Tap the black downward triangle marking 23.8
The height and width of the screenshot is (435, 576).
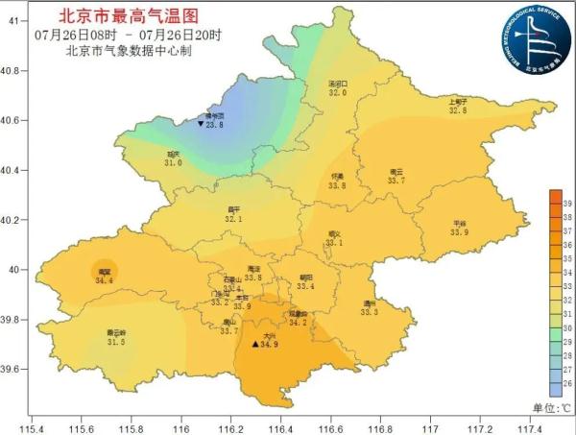pos(200,125)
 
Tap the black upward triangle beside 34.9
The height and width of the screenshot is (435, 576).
pos(254,344)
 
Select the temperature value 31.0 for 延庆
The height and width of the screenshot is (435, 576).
pos(173,163)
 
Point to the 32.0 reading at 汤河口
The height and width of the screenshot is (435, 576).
pos(337,93)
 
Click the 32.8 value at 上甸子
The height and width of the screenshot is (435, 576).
pos(458,110)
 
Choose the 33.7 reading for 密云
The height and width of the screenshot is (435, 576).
pos(396,181)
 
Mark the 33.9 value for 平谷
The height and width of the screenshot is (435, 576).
pos(459,232)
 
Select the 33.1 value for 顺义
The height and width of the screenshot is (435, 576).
pos(334,243)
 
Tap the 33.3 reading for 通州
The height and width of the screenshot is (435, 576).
pos(370,312)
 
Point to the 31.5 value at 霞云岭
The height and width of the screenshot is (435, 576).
pos(116,342)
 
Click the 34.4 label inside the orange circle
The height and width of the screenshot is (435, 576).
pos(104,281)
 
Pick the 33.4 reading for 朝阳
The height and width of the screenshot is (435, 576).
pos(305,286)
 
